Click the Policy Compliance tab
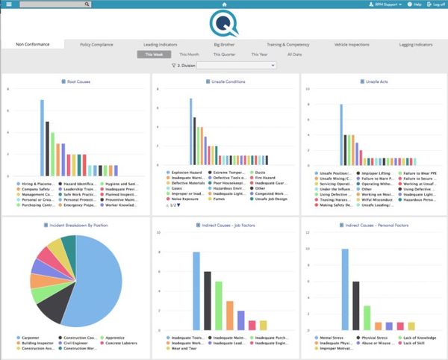[96, 45]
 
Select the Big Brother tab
[224, 45]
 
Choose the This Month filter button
[190, 55]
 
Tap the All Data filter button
[295, 55]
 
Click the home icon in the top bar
[224, 4]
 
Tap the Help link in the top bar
[414, 4]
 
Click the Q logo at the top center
[224, 24]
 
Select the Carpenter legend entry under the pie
[31, 338]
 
